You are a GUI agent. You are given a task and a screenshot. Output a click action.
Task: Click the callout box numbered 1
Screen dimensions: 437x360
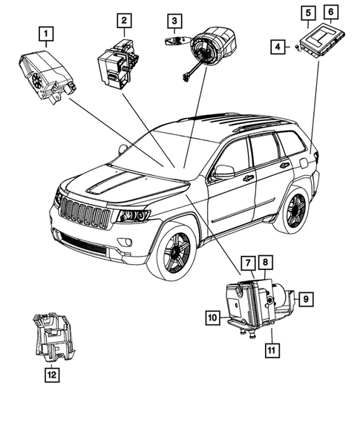click(46, 33)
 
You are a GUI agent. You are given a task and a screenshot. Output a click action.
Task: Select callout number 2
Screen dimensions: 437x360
click(124, 20)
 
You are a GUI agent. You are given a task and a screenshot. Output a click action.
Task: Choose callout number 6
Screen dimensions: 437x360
click(330, 12)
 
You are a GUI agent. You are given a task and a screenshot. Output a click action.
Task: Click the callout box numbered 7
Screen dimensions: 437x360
click(246, 263)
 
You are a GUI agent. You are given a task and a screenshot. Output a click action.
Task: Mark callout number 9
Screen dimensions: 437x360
click(307, 299)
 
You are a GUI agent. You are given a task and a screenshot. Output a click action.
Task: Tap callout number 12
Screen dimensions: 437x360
click(49, 375)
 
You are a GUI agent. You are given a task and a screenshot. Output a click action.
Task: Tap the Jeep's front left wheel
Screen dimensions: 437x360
click(172, 252)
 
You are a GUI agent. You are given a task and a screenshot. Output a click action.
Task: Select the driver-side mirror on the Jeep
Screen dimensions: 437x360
click(223, 171)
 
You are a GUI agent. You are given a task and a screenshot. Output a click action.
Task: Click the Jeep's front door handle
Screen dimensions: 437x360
click(248, 178)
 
